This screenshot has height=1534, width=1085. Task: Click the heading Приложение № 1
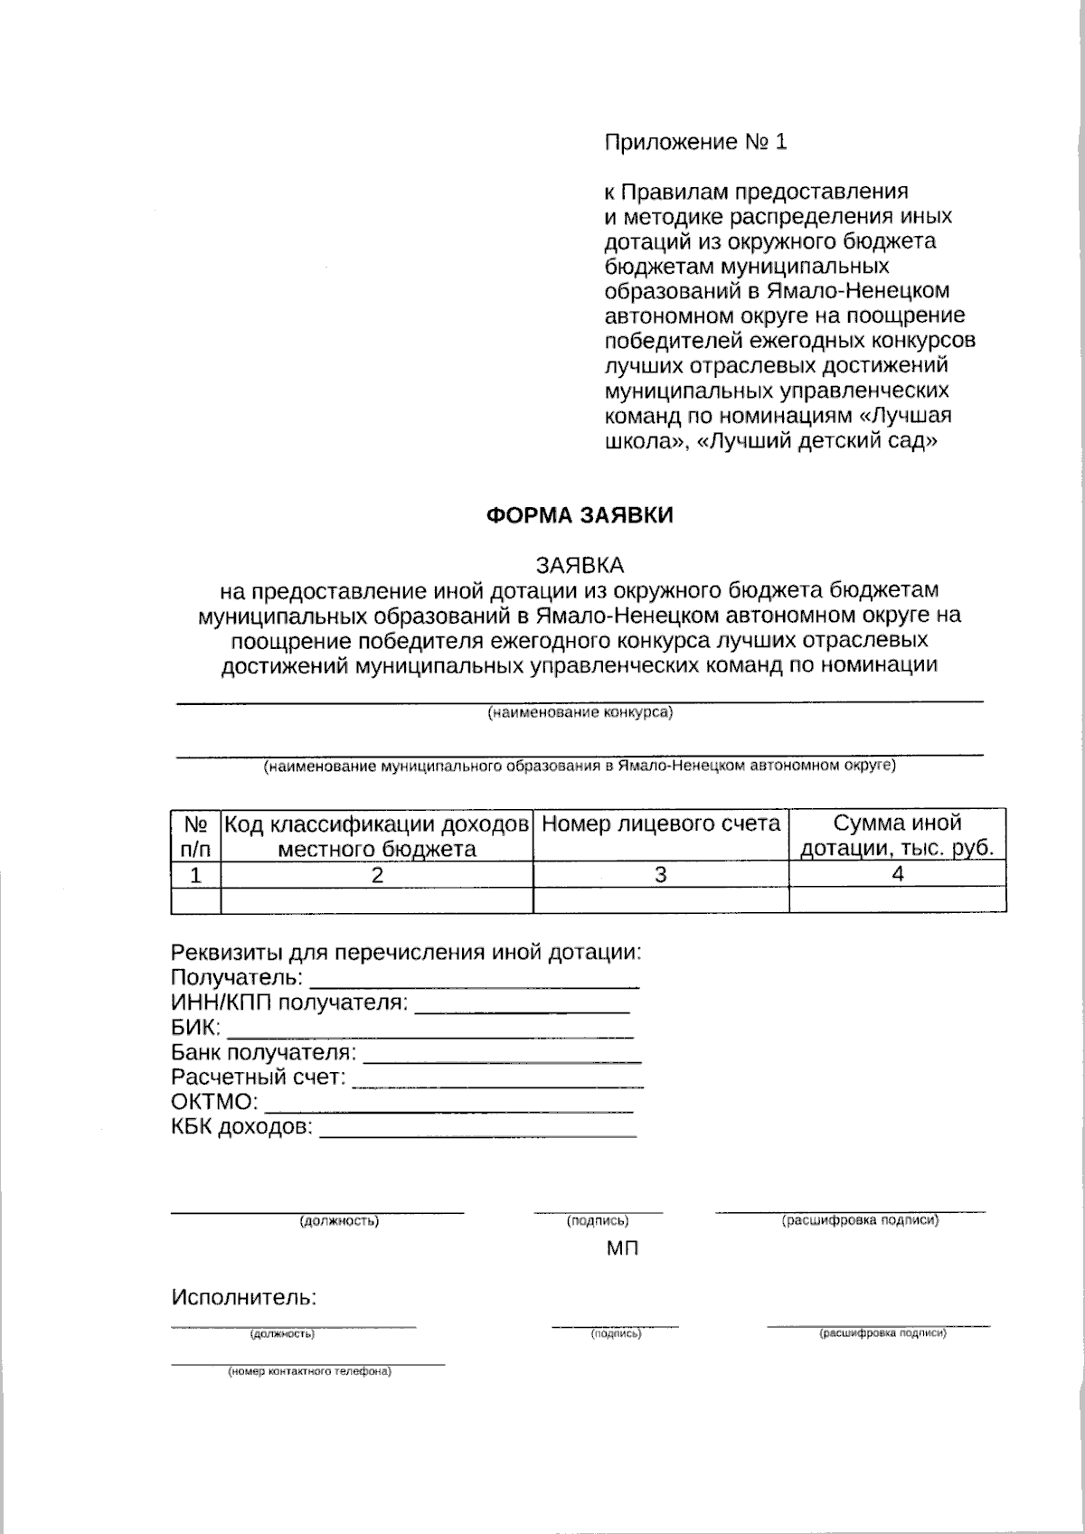click(x=695, y=142)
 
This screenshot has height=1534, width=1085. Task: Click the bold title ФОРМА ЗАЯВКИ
click(x=580, y=515)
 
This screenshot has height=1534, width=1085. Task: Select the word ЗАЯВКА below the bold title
click(x=580, y=565)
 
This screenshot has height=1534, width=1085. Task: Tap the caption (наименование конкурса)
click(x=580, y=712)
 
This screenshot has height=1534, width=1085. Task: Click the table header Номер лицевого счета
click(x=661, y=823)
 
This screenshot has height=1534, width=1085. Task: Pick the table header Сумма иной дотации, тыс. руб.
click(x=897, y=835)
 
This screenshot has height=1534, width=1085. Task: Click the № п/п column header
click(x=195, y=835)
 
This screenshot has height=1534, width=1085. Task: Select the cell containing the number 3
click(x=661, y=874)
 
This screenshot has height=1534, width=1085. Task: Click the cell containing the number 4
click(x=897, y=873)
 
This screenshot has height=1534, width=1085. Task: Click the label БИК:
click(x=195, y=1028)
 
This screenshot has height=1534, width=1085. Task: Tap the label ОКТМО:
click(x=215, y=1102)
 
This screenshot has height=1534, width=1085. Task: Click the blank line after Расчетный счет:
click(x=497, y=1082)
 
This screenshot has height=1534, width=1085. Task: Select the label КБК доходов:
click(x=242, y=1127)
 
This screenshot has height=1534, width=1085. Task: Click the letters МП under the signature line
click(x=622, y=1249)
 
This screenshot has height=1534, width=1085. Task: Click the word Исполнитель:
click(x=244, y=1298)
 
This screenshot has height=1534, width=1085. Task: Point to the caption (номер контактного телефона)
click(x=309, y=1371)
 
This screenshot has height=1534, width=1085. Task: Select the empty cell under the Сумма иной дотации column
click(x=897, y=900)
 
